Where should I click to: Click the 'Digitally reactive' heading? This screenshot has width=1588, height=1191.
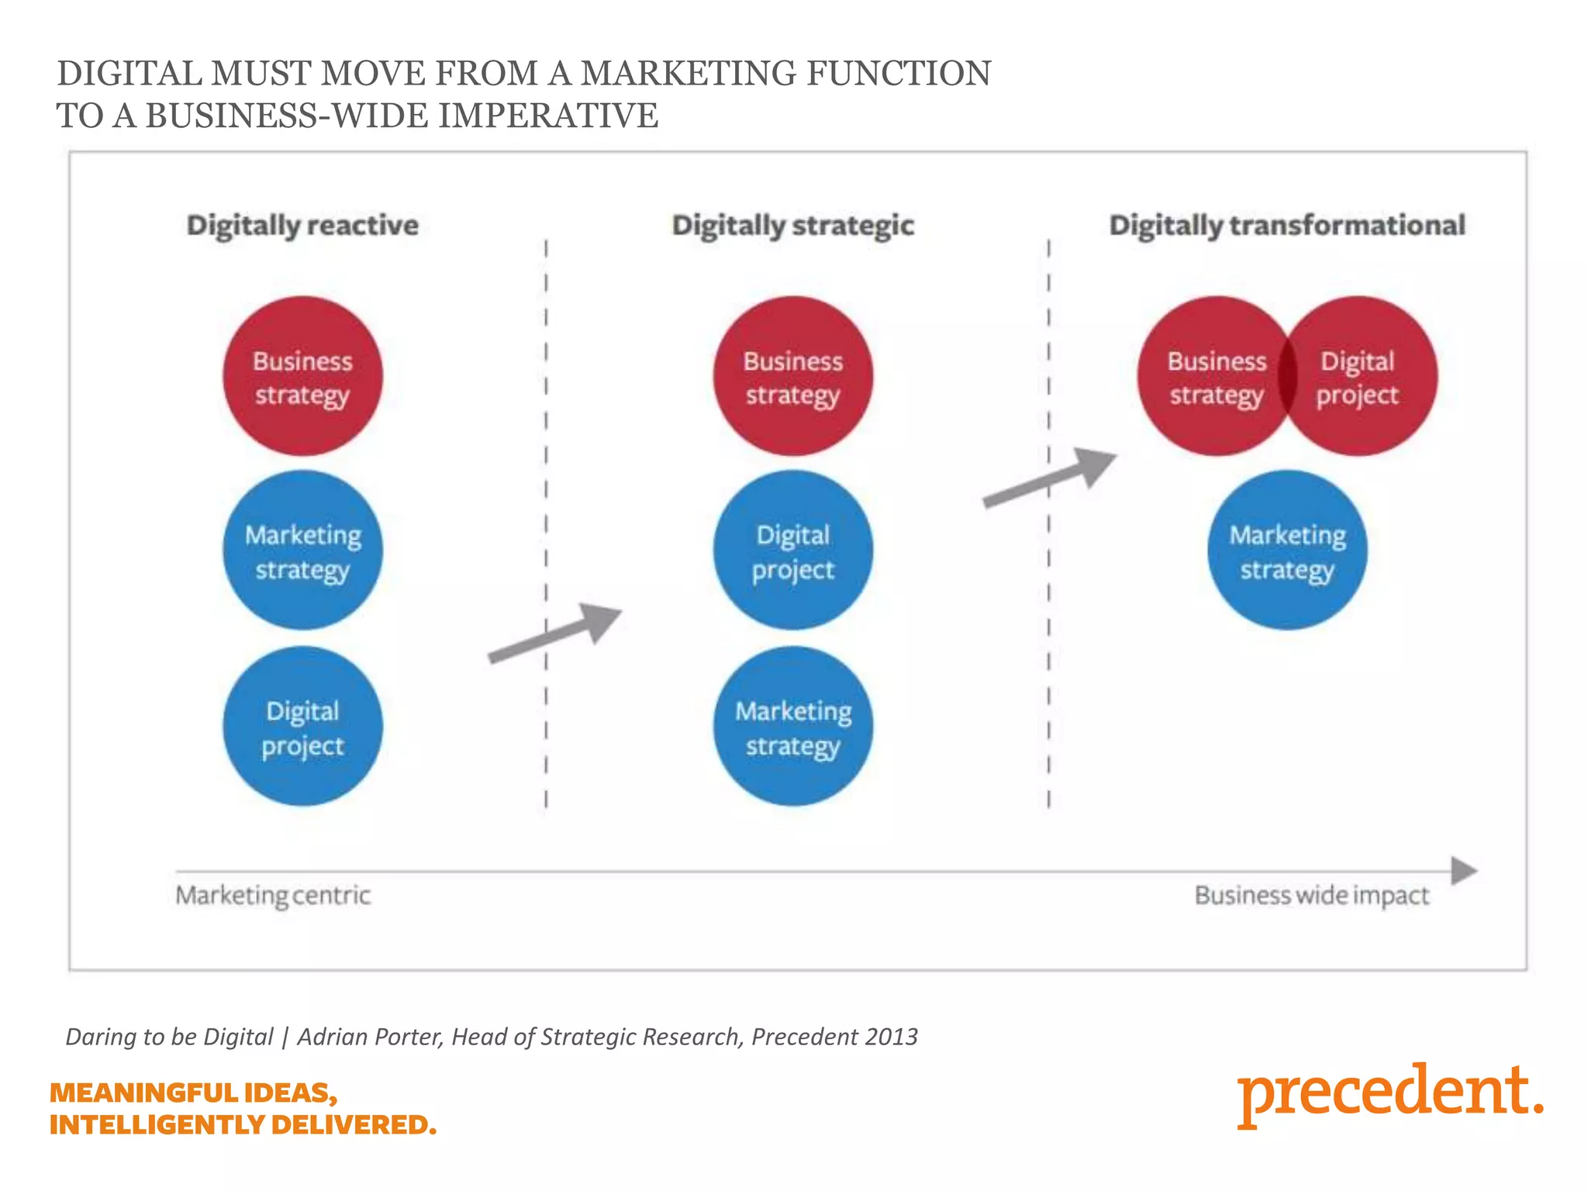pos(302,226)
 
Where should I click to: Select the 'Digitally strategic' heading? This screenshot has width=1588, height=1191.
pos(792,226)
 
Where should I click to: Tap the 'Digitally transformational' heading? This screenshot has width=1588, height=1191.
pos(1286,226)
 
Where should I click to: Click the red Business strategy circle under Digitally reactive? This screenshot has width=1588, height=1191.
pos(302,377)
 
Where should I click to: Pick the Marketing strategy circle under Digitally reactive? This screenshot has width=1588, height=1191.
pos(302,551)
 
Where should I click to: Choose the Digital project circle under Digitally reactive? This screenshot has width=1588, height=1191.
pos(302,727)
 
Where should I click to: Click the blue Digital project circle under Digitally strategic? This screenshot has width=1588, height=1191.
pos(792,551)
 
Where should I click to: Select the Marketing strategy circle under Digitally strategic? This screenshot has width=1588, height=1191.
pos(792,727)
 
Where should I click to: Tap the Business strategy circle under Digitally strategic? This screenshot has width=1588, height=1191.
pos(792,377)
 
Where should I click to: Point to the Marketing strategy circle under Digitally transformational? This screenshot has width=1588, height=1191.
pos(1287,551)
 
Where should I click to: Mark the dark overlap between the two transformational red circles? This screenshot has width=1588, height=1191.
pos(1288,377)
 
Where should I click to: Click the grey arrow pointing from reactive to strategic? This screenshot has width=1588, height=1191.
pos(555,633)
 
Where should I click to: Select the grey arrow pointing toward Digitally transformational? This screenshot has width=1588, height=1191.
pos(1050,478)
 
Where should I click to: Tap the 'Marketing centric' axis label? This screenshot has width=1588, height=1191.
pos(273,896)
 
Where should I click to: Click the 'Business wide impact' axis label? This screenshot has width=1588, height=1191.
pos(1311,896)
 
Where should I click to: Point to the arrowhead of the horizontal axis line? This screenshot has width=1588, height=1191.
pos(1464,871)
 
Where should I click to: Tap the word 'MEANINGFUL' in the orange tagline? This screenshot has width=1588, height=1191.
pos(144,1093)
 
